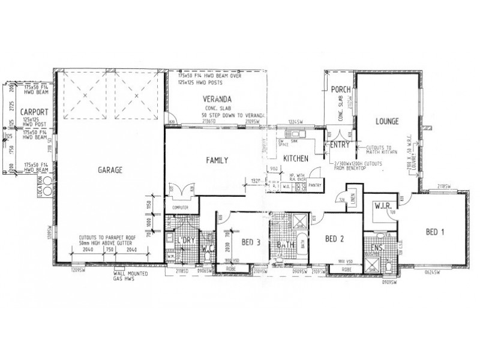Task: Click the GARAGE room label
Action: pos(110,170)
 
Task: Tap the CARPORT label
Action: pos(29,112)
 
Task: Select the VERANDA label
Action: pos(217,98)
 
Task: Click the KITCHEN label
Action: pos(296,158)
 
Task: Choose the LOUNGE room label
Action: pos(388,121)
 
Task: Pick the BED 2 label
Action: pos(335,239)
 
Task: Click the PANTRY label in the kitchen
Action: pos(316,185)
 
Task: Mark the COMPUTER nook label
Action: pos(181,208)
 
